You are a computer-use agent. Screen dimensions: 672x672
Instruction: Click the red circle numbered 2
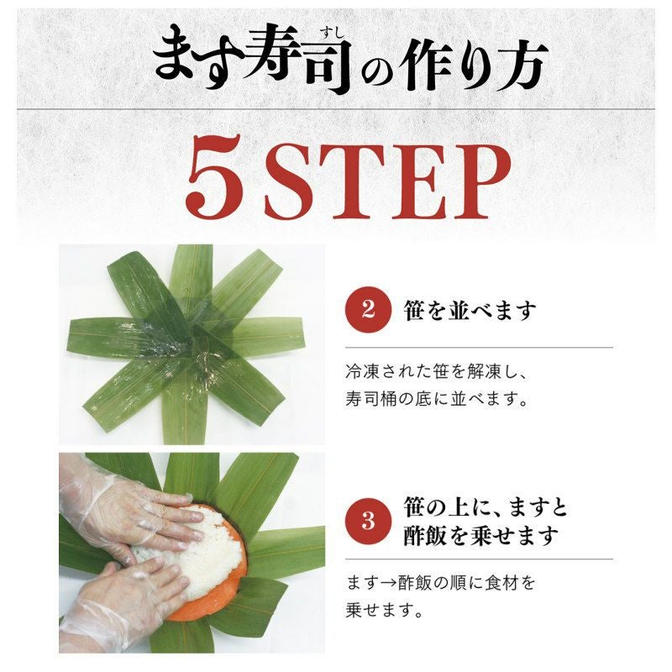pyautogui.click(x=368, y=309)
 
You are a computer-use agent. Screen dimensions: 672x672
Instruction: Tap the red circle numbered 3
pyautogui.click(x=368, y=521)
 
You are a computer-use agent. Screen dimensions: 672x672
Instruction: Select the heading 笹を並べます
pyautogui.click(x=470, y=310)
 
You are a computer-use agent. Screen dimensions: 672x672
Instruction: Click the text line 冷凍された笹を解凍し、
pyautogui.click(x=435, y=370)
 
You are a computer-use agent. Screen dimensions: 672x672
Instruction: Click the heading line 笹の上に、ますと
pyautogui.click(x=486, y=507)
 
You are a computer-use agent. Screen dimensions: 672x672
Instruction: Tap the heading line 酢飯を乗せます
pyautogui.click(x=480, y=536)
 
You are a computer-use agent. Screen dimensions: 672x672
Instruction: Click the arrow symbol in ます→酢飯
pyautogui.click(x=389, y=583)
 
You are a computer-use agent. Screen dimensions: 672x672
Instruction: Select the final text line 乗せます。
pyautogui.click(x=384, y=611)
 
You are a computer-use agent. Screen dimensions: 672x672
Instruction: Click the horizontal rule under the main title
pyautogui.click(x=336, y=109)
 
